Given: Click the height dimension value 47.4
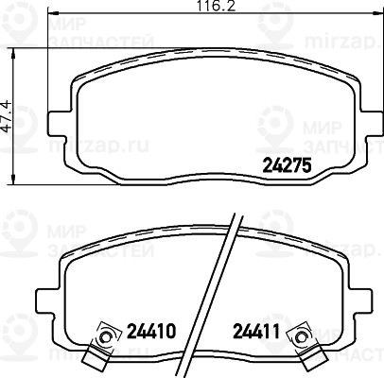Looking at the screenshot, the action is tap(7, 115).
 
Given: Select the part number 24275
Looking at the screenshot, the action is tap(287, 165).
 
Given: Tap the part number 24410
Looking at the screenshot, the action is tap(150, 332).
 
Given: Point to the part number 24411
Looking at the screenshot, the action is tap(256, 332).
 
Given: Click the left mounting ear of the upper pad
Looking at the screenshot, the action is tap(60, 124).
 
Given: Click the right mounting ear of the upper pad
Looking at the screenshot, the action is tap(372, 124).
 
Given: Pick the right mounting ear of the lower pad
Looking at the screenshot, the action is tap(359, 301).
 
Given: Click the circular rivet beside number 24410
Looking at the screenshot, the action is tap(105, 337).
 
